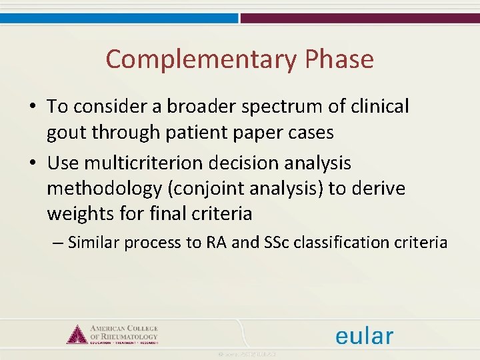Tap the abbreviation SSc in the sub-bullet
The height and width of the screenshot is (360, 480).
[283, 243]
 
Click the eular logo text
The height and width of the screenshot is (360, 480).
[364, 335]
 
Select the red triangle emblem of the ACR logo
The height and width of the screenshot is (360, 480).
[77, 333]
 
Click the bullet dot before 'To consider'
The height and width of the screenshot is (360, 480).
[32, 107]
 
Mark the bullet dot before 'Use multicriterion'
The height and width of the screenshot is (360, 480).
[32, 163]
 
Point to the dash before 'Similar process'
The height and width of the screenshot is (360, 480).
[57, 243]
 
